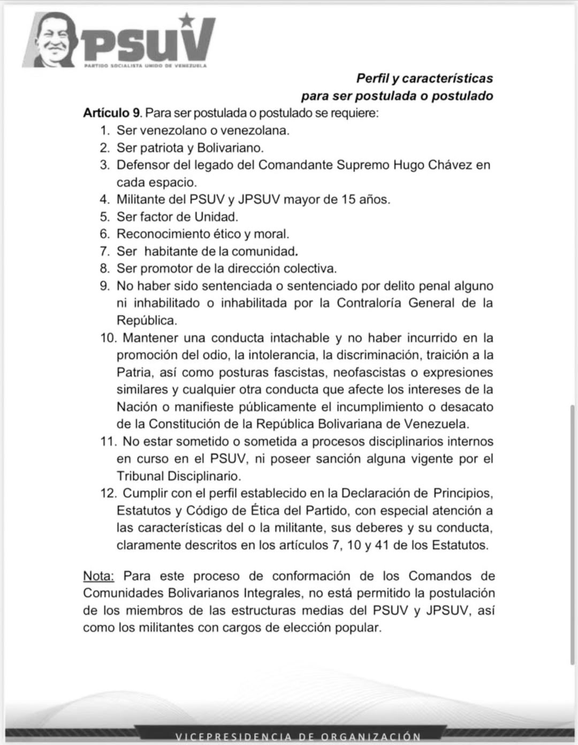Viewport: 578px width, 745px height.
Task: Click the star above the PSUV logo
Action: pos(186,20)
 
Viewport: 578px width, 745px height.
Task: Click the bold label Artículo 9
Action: pos(111,113)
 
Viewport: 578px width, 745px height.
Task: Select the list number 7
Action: pos(104,251)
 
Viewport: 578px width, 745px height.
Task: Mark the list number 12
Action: pos(108,493)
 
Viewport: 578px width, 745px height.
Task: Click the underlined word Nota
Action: pos(98,576)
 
